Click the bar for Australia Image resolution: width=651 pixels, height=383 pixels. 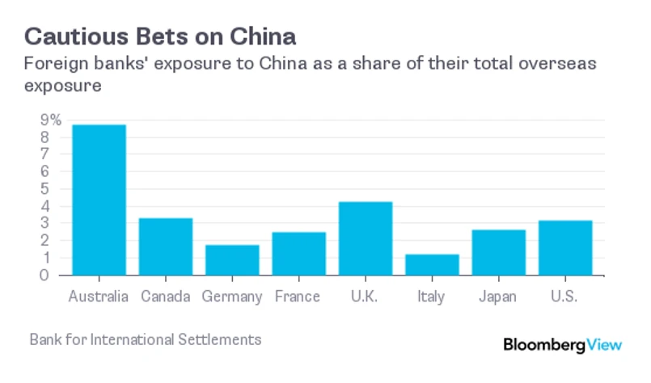(99, 200)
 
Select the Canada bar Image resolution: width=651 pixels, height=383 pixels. (165, 246)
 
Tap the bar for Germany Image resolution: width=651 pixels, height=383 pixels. (232, 259)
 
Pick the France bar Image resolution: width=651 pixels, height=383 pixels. (298, 253)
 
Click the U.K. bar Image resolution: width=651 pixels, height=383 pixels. (366, 238)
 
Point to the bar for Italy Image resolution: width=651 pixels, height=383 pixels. (432, 264)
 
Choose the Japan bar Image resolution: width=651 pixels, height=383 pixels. (498, 252)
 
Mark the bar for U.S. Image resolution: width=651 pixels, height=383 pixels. (564, 247)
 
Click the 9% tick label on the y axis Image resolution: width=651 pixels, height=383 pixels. (50, 120)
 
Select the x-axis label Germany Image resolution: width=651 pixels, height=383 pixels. (232, 297)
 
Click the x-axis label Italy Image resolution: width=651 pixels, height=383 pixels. (432, 297)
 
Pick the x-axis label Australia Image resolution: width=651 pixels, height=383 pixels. (99, 297)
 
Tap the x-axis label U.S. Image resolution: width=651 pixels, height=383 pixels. (564, 297)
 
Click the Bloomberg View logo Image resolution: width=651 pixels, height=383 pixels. (563, 344)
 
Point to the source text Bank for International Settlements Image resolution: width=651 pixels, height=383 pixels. (146, 339)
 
